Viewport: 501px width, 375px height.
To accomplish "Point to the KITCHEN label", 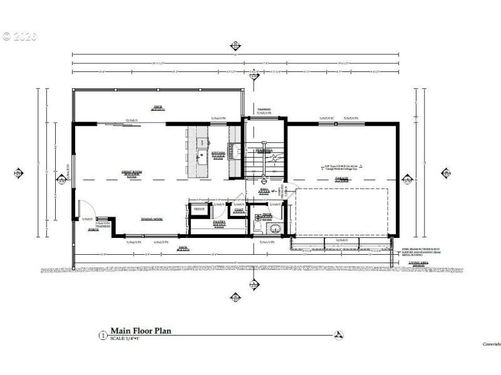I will coord(219,153).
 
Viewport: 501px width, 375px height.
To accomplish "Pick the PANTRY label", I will coord(219,222).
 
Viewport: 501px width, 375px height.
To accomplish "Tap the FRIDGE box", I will coord(199,208).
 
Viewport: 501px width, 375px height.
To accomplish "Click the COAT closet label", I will coord(239,210).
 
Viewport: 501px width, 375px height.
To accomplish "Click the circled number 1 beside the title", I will coord(103,335).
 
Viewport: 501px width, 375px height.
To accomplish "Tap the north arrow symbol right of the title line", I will coord(339,335).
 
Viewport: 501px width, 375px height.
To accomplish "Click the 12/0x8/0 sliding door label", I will coord(131,119).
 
